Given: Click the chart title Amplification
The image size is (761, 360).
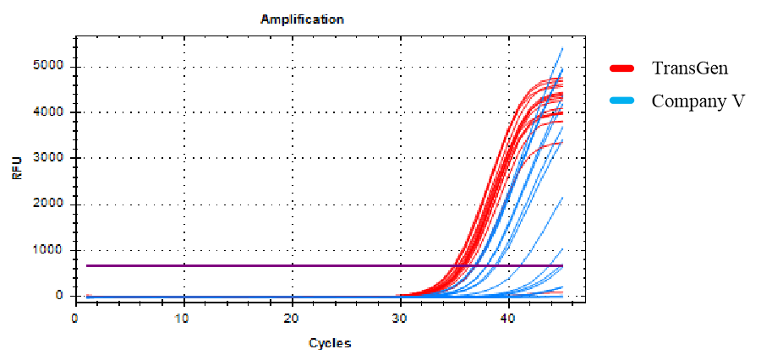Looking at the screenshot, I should point(303,19).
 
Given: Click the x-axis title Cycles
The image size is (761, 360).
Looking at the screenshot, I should point(330,343).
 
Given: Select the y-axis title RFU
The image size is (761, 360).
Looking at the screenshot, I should point(16,172).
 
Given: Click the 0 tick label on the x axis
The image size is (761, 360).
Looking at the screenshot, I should point(75,318).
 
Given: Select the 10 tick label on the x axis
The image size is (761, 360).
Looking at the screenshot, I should point(183,318).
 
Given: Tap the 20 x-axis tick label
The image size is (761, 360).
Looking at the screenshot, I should point(292,318).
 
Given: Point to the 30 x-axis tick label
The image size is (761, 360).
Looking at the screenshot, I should point(400,318).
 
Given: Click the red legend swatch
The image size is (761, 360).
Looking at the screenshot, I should point(622,68).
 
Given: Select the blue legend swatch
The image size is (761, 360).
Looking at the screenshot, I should point(622,100).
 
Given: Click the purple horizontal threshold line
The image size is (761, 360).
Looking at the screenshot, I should point(254,265).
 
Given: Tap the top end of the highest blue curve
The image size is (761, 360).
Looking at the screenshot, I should point(562,48).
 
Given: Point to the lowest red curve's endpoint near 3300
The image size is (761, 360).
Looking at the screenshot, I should point(562,142).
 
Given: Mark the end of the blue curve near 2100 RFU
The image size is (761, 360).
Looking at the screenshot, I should point(562,198).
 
